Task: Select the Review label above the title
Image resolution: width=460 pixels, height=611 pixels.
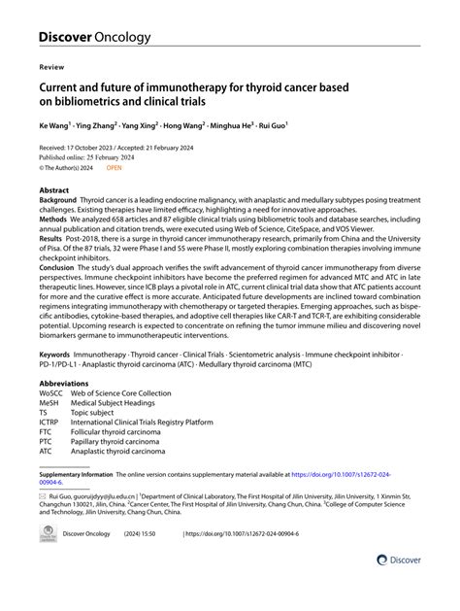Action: point(50,70)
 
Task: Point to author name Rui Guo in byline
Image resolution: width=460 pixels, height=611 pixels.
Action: point(296,126)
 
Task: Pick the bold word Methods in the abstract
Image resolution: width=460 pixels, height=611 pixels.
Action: point(54,220)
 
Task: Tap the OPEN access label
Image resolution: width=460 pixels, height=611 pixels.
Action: point(114,166)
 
